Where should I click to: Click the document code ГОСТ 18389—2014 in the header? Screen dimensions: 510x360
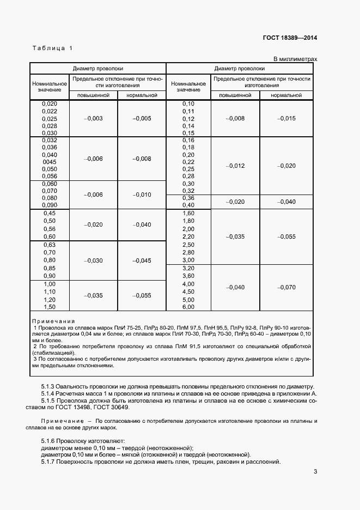point(289,38)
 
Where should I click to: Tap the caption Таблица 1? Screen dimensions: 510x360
point(52,48)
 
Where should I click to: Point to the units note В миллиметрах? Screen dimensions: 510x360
point(295,59)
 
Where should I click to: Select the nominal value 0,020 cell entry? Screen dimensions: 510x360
point(50,104)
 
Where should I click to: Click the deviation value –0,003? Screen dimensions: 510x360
point(94,118)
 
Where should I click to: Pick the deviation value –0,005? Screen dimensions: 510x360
point(142,118)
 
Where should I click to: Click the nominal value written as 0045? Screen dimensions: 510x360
point(50,162)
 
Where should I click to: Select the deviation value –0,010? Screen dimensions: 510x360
point(142,195)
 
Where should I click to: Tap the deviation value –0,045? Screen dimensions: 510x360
point(142,260)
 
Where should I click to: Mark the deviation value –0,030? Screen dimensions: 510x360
point(94,260)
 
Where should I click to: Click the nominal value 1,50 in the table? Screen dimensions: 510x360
point(50,307)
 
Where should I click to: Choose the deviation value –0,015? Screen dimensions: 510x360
point(286,118)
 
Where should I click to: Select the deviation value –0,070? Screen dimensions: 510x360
point(286,287)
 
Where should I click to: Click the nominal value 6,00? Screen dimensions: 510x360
point(188,307)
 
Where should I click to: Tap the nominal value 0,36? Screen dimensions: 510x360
point(188,198)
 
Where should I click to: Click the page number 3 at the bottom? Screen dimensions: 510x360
point(315,472)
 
